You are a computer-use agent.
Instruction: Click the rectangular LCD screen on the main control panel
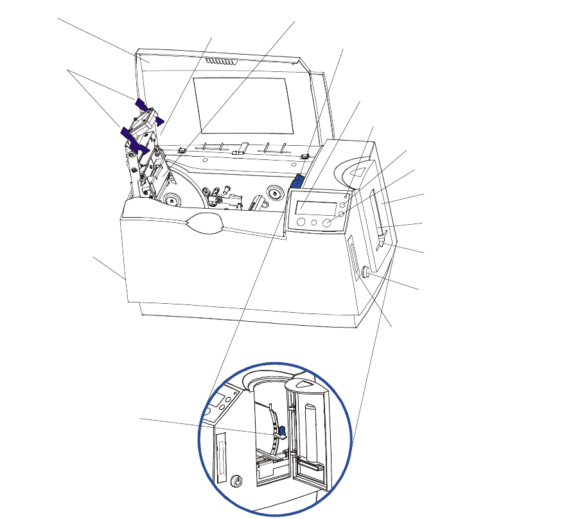pos(315,209)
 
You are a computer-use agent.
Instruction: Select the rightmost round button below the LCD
pos(328,224)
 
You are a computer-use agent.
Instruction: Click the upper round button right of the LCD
pos(344,204)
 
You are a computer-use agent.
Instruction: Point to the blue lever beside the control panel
pos(298,182)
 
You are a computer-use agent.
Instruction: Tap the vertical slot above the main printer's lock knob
pos(352,257)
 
